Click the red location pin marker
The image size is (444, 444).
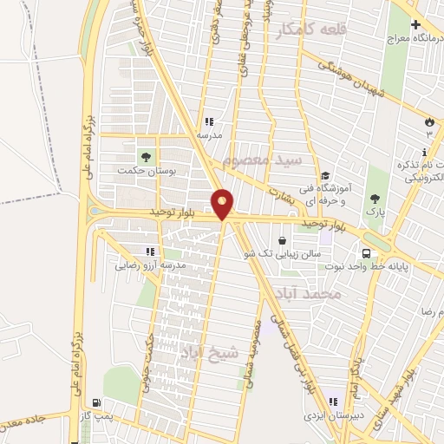pos(223,204)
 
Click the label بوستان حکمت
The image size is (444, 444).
pos(147,172)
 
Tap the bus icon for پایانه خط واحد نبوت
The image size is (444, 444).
pos(368,253)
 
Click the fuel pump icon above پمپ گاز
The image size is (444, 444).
pos(95,403)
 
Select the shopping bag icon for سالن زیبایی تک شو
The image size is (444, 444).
pos(283,238)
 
